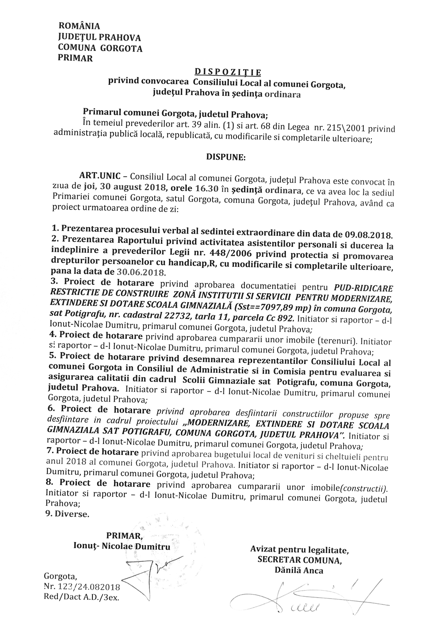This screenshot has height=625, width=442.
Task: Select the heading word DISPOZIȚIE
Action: [228, 72]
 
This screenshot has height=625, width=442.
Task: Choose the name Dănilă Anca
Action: [299, 570]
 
